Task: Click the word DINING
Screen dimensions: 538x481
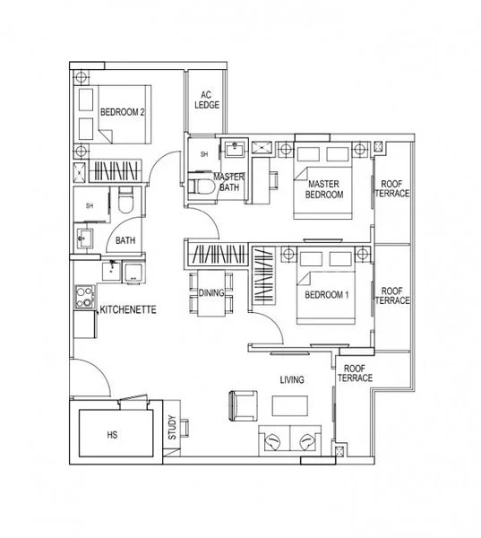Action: click(211, 293)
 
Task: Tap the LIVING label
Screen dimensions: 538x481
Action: click(291, 380)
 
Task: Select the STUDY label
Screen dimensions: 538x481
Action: click(173, 430)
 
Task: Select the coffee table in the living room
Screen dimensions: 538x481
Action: click(289, 405)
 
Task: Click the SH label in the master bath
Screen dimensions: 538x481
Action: click(203, 154)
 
